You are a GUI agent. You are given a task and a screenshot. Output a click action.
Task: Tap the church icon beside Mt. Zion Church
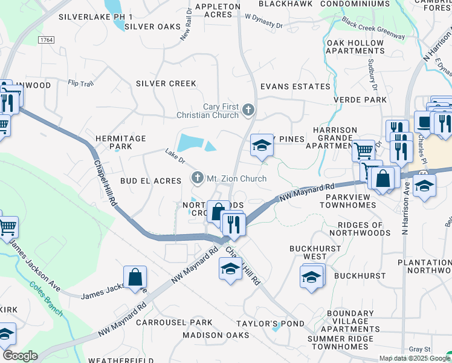[196, 178]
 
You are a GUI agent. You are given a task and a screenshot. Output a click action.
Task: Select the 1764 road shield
[45, 39]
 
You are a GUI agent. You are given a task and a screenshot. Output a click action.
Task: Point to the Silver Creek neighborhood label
[166, 83]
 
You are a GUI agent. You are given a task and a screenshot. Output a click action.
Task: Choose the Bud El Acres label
[150, 181]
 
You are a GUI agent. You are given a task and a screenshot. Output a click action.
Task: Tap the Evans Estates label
[295, 87]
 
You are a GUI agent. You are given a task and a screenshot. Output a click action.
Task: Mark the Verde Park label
[360, 100]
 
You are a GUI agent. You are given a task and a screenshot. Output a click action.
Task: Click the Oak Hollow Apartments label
[355, 47]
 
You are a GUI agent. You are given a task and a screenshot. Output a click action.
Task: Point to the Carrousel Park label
[174, 322]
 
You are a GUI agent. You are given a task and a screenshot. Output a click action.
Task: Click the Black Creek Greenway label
[373, 28]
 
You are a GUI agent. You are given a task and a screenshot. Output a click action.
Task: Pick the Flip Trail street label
[81, 83]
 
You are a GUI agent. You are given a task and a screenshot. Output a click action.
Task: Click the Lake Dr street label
[175, 156]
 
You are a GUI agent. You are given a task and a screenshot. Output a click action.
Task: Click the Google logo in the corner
[19, 356]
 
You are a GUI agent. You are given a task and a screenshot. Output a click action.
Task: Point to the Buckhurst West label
[308, 252]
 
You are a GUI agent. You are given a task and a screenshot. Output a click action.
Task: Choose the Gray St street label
[419, 349]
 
